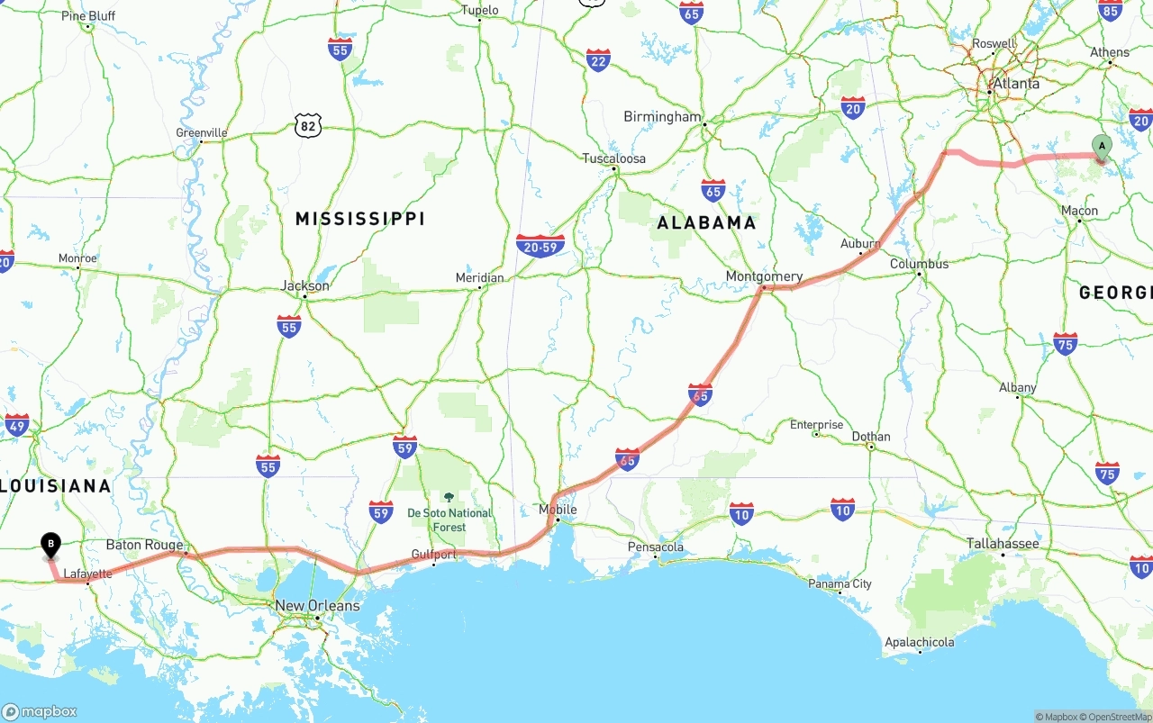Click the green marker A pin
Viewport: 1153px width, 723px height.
pyautogui.click(x=1101, y=147)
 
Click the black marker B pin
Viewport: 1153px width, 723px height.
pyautogui.click(x=51, y=545)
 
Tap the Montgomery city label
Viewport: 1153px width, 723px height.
pyautogui.click(x=764, y=276)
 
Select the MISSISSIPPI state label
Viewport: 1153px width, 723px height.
pyautogui.click(x=360, y=219)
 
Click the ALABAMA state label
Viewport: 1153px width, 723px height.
pyautogui.click(x=706, y=222)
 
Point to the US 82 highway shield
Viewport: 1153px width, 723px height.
pyautogui.click(x=308, y=126)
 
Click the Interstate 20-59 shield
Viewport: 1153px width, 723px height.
pyautogui.click(x=540, y=246)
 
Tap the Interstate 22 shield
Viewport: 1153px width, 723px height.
pyautogui.click(x=598, y=60)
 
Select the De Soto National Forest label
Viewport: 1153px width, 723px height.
pyautogui.click(x=449, y=520)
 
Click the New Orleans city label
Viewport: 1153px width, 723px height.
pyautogui.click(x=317, y=606)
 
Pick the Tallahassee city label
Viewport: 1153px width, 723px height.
pyautogui.click(x=1003, y=544)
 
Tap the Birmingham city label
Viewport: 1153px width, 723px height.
pyautogui.click(x=662, y=117)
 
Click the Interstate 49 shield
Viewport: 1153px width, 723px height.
pyautogui.click(x=17, y=424)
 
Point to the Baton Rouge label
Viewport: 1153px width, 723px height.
pyautogui.click(x=144, y=545)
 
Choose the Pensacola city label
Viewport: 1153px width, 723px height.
pyautogui.click(x=655, y=547)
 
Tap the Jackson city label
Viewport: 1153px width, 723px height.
pyautogui.click(x=305, y=285)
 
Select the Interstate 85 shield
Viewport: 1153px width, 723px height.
pyautogui.click(x=1111, y=10)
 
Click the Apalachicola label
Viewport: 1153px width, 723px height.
pyautogui.click(x=919, y=642)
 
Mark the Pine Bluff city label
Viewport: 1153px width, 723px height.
pyautogui.click(x=88, y=16)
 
